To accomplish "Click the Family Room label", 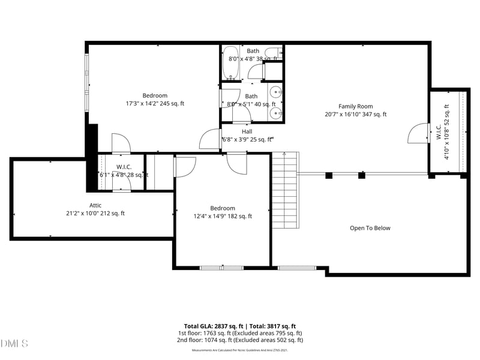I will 356,106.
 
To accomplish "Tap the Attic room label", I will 95,205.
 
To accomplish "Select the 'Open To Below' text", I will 370,228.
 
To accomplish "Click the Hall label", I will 247,131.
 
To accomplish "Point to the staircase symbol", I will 286,190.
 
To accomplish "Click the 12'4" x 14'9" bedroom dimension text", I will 223,217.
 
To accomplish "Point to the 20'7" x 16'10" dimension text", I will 356,115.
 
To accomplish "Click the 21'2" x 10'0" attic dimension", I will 95,213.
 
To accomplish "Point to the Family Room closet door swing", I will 418,134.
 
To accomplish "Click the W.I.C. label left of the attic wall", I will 124,167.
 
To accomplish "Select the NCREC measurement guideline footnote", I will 239,350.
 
